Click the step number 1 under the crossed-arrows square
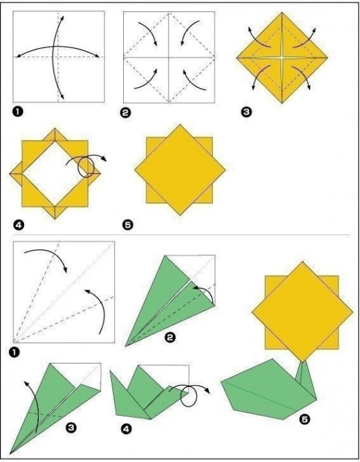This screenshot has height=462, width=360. (18, 112)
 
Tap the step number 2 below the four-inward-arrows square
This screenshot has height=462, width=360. (126, 113)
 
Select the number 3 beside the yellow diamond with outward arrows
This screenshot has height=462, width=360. (246, 112)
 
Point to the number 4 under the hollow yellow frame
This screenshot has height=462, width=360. (18, 226)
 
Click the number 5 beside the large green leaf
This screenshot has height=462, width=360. (304, 419)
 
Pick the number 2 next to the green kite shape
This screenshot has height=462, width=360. (169, 337)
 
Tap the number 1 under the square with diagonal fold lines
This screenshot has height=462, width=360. (15, 352)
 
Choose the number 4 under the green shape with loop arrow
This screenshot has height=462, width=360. (126, 429)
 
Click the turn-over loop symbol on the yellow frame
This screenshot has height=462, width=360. (86, 167)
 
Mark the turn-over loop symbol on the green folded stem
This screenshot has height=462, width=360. (189, 395)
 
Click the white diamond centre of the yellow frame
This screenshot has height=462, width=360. (55, 173)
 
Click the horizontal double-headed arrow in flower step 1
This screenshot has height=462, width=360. (58, 48)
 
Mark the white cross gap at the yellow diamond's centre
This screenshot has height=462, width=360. (282, 58)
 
